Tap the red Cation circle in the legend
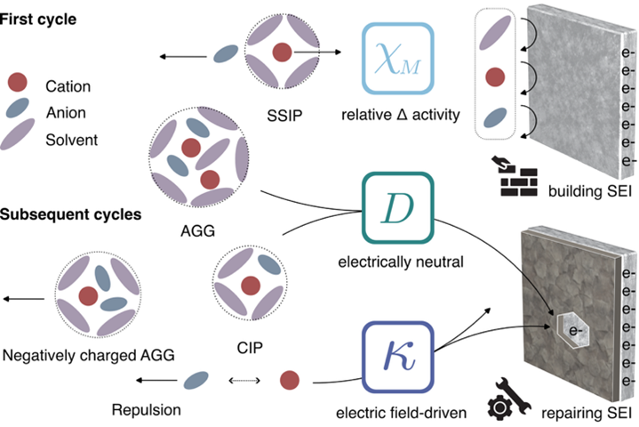coord(16,85)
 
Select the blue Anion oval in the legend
coord(16,112)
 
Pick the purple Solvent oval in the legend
coord(16,139)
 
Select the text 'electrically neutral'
coord(397,264)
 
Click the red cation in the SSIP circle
coord(280,52)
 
